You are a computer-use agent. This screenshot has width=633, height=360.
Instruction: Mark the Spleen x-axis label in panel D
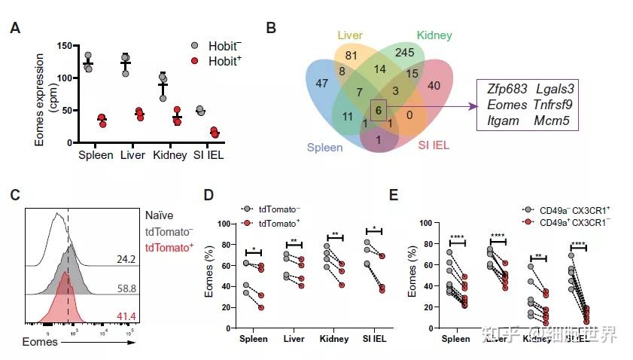(254, 339)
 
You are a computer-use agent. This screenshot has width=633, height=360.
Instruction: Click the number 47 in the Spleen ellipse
(322, 83)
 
